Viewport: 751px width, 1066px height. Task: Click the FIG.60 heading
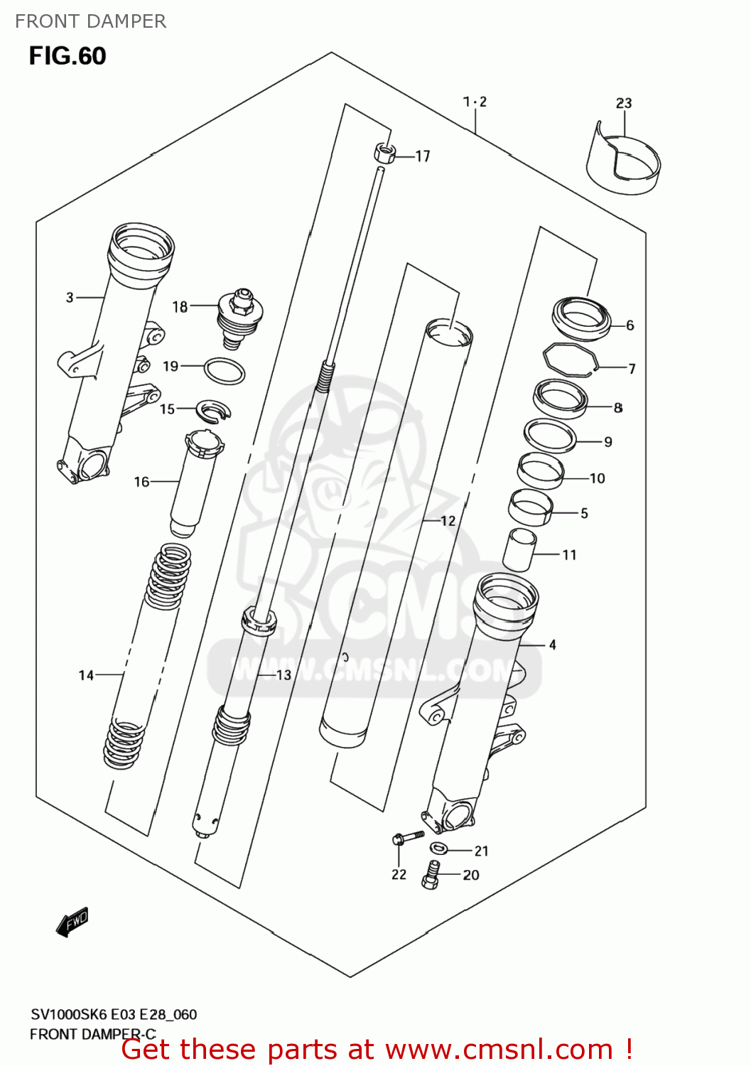pos(67,56)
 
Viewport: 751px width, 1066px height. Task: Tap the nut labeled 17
pos(384,153)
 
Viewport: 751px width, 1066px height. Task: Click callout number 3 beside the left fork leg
pos(70,297)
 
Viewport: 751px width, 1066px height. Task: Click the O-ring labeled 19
pos(225,371)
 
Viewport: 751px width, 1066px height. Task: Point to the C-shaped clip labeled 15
pos(214,410)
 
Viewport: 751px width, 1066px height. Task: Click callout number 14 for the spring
pos(86,675)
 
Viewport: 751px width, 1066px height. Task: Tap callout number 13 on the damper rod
pos(283,675)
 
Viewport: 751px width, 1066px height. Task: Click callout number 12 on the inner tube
pos(448,521)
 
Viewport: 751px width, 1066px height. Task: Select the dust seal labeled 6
pos(581,317)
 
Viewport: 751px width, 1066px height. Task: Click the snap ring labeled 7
pos(569,360)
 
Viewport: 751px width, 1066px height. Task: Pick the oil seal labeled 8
pos(561,399)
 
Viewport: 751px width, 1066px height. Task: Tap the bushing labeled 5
pos(531,507)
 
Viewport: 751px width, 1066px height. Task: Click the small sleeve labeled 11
pos(519,549)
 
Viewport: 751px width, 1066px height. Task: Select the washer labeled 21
pos(439,847)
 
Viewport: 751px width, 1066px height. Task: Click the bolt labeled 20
pos(431,875)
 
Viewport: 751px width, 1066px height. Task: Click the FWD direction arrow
pos(72,922)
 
